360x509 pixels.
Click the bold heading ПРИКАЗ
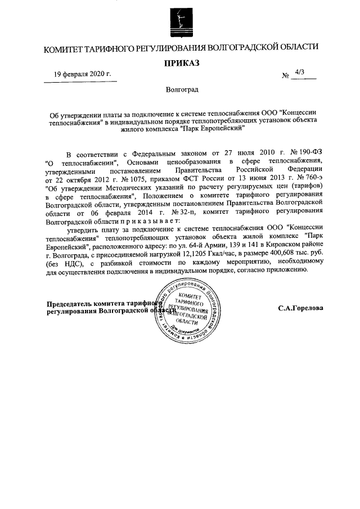(x=182, y=64)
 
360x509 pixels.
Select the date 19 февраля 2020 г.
(x=83, y=74)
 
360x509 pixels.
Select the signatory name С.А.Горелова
(x=300, y=308)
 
